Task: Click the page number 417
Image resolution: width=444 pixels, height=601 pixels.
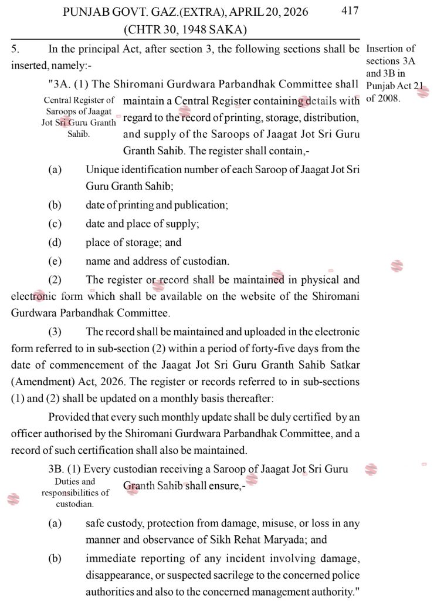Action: pyautogui.click(x=350, y=11)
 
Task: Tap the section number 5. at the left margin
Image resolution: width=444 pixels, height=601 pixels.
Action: pyautogui.click(x=15, y=49)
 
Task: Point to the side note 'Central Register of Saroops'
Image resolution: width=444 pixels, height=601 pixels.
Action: pyautogui.click(x=79, y=117)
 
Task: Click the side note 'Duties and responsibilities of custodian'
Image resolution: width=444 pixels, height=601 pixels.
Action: pyautogui.click(x=75, y=492)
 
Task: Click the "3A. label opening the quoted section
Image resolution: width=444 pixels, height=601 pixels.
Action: pyautogui.click(x=60, y=85)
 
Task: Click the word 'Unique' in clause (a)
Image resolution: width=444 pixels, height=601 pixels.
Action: pyautogui.click(x=102, y=170)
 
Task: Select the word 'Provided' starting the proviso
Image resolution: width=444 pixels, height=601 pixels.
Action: pyautogui.click(x=67, y=417)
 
